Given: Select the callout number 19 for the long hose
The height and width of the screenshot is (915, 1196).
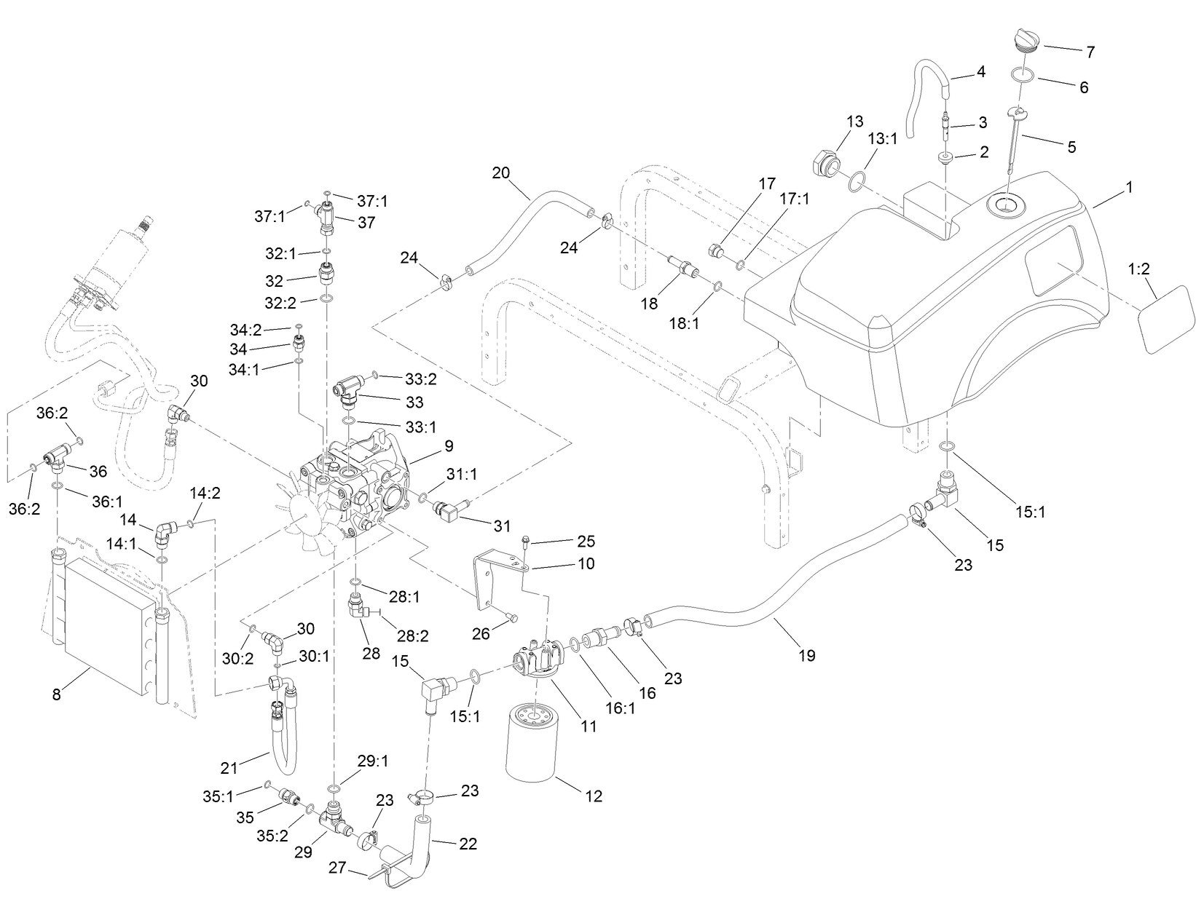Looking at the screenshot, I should pyautogui.click(x=806, y=656).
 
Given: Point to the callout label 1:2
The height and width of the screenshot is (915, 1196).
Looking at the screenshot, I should pyautogui.click(x=1139, y=269).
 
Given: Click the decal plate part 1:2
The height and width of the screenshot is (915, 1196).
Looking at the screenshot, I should pyautogui.click(x=1165, y=320).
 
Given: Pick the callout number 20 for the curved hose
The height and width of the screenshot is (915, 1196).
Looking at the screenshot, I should pyautogui.click(x=501, y=173).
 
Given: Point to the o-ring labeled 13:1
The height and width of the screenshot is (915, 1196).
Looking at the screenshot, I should pyautogui.click(x=858, y=180).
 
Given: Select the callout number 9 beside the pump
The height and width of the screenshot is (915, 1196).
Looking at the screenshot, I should pyautogui.click(x=449, y=446).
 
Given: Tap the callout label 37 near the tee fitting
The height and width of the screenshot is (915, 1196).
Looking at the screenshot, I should pyautogui.click(x=366, y=223).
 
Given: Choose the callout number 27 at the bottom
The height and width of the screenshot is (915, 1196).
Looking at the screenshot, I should pyautogui.click(x=337, y=869).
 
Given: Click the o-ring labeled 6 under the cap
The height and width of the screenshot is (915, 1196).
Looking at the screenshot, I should pyautogui.click(x=1023, y=74).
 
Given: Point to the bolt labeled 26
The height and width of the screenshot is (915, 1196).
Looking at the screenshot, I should pyautogui.click(x=511, y=618).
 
